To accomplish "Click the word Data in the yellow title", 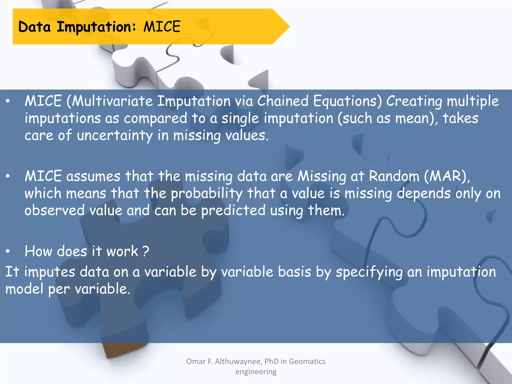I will point(34,27).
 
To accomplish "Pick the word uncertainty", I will point(115,136).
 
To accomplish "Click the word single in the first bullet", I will point(240,118).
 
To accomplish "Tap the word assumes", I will point(93,176).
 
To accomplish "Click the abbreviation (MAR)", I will point(447,176).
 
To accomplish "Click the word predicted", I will point(233,211).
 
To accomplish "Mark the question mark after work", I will point(146,251).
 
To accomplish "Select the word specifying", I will point(369,272).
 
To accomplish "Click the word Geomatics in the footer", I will point(307,361).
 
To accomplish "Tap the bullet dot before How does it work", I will point(8,251).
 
